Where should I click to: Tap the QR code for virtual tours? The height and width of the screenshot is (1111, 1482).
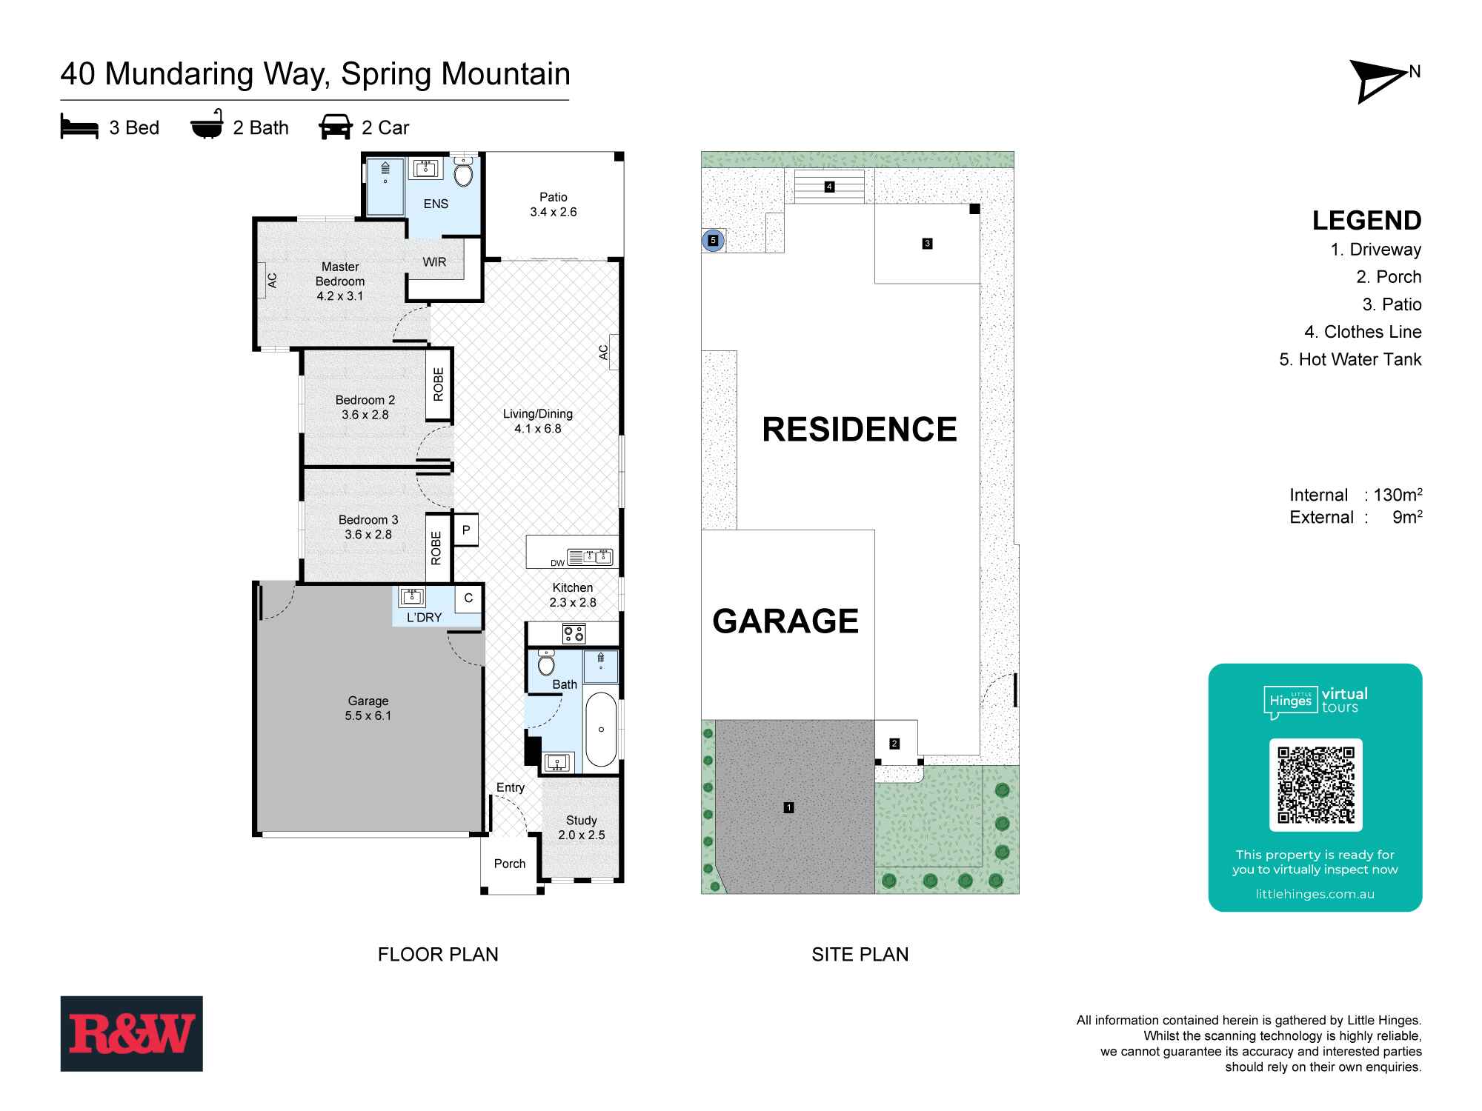click(x=1315, y=785)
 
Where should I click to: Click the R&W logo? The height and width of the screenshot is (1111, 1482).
click(x=132, y=1033)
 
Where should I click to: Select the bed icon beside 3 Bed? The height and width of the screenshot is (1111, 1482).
click(x=79, y=127)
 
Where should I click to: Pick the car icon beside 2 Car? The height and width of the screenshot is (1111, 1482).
click(x=336, y=127)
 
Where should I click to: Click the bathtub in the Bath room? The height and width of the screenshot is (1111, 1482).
click(x=601, y=730)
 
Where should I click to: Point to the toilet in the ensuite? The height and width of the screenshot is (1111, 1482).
click(x=464, y=173)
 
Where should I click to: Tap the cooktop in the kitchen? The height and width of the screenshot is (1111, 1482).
click(x=574, y=633)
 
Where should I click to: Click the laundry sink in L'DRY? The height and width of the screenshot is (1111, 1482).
click(x=411, y=597)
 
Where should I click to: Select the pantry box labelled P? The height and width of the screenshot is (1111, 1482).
click(x=466, y=530)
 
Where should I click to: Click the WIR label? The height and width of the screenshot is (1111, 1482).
click(x=434, y=262)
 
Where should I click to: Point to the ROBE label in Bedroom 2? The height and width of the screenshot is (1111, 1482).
click(x=438, y=384)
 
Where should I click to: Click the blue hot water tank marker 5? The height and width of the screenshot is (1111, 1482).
click(x=713, y=241)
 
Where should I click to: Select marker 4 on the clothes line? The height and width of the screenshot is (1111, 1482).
click(x=830, y=187)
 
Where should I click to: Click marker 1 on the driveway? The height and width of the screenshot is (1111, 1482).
click(x=789, y=807)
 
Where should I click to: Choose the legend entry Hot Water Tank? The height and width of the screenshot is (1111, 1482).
click(x=1351, y=359)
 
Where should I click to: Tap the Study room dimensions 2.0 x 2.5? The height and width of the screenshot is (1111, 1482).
click(x=582, y=835)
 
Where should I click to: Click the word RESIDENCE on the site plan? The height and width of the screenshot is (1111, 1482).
click(x=860, y=430)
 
